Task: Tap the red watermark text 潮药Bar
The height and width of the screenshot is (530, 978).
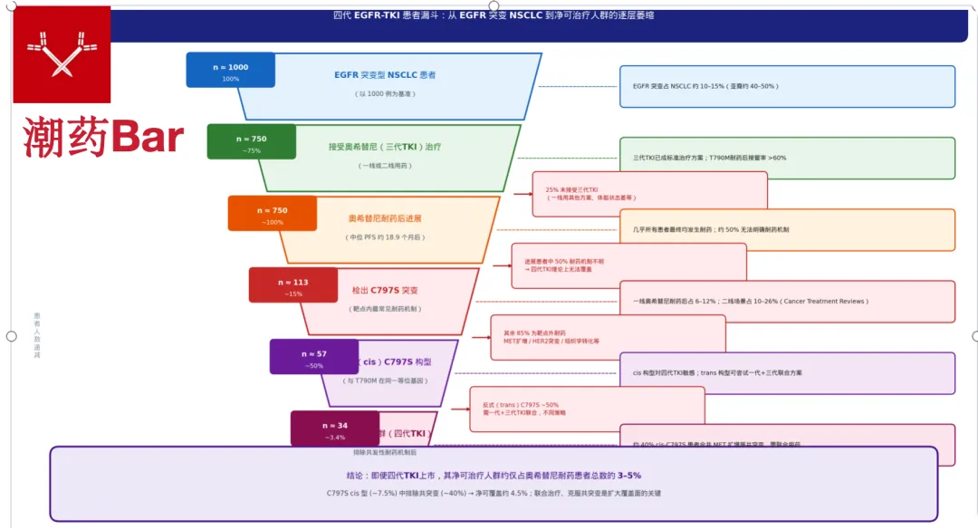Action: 104,137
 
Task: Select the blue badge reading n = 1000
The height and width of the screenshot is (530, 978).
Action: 230,70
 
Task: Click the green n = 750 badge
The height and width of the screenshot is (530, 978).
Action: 251,141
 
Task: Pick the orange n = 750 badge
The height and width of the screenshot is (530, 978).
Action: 272,213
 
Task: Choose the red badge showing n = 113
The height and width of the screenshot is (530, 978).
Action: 292,284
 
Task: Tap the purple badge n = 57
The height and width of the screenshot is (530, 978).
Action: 313,356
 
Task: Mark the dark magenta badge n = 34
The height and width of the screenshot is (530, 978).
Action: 334,428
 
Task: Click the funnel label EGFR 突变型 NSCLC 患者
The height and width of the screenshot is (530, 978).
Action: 385,75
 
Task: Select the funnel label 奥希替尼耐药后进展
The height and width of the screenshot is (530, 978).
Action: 385,218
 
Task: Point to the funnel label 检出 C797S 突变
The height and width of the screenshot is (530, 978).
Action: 385,291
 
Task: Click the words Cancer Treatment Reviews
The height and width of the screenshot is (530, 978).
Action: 824,302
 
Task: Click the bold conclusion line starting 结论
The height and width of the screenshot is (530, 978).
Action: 493,475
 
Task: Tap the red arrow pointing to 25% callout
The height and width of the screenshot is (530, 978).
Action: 523,194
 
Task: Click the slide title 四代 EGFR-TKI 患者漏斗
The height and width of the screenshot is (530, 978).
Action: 494,15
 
